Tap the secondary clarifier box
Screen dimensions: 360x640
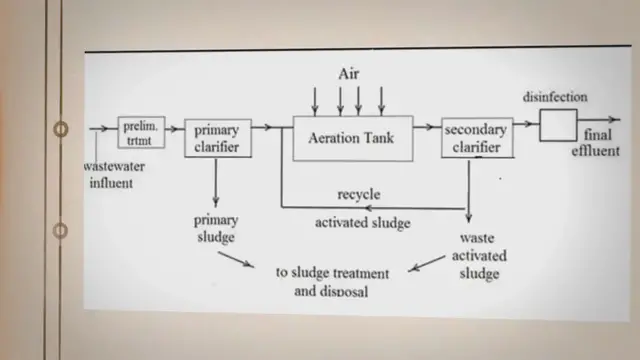[x=477, y=138]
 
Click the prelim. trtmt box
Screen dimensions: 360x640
[x=141, y=134]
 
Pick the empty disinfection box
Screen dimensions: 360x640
[x=559, y=125]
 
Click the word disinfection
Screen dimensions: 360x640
[x=555, y=98]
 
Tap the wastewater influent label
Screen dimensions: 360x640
[x=115, y=175]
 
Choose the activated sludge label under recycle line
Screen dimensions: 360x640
[x=362, y=223]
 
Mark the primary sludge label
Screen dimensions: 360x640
[x=215, y=228]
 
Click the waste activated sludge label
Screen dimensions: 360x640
[x=477, y=256]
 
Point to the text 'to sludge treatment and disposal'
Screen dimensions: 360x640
[x=331, y=281]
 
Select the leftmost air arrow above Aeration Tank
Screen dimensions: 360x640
[x=315, y=100]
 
